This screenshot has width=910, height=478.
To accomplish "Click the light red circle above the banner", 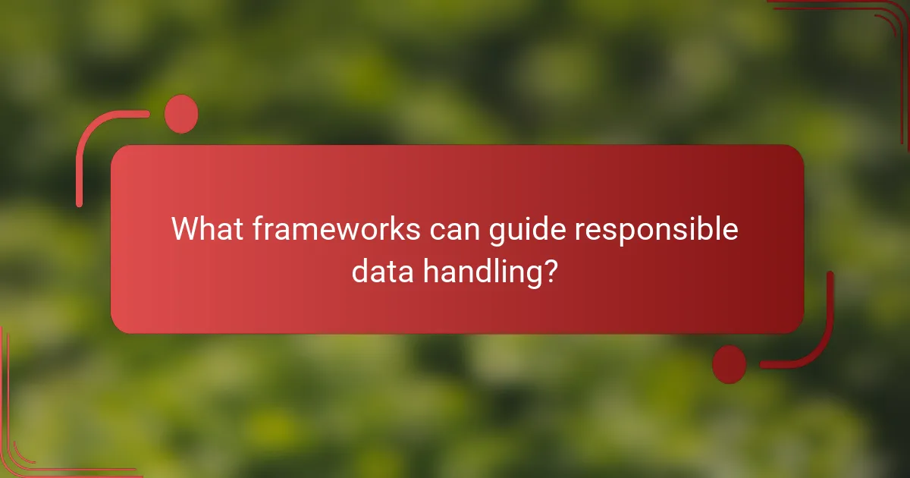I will [181, 115].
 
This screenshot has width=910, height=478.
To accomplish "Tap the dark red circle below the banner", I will [730, 364].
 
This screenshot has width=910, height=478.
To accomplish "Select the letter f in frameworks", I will [257, 229].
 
